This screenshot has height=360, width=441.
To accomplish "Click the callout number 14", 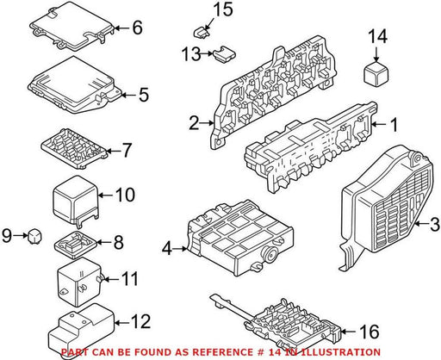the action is coord(377,36).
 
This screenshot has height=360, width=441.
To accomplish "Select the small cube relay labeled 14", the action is coord(376,72).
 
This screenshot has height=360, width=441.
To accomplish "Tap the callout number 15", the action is coord(222,9).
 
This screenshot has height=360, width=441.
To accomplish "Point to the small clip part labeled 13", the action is coord(224,53).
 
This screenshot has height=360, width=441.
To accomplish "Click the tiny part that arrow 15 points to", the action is coord(201,32).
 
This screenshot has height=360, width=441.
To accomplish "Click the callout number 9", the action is coord(7,236).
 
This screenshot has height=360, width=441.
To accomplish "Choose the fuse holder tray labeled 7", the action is coord(75,148).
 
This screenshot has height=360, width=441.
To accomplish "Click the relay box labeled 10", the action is coord(76,200).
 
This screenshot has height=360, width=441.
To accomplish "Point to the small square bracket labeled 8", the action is coord(76,244).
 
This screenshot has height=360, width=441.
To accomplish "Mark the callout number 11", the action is coord(129,279).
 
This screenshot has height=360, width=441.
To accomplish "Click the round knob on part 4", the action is coord(270,254).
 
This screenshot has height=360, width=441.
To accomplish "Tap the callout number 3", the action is coord(433,224).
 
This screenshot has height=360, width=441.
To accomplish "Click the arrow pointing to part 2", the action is coord(206,123).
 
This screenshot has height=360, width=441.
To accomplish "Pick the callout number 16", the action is coord(370,332).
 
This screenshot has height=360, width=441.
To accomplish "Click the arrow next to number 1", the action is coord(379,124).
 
